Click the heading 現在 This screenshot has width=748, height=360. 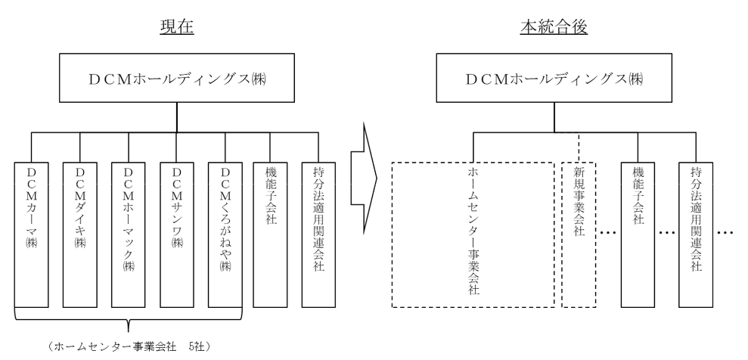pyautogui.click(x=177, y=26)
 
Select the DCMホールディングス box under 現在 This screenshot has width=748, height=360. pyautogui.click(x=177, y=79)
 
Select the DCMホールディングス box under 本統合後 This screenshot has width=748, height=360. pyautogui.click(x=555, y=79)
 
